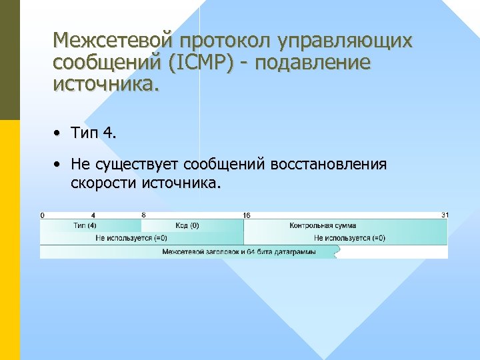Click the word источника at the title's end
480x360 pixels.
[107, 85]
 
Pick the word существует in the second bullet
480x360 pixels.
[139, 164]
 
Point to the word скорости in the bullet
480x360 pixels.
[103, 183]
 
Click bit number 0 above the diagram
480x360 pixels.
[43, 215]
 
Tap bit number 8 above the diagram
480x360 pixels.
[143, 215]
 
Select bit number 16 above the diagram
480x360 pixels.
[246, 215]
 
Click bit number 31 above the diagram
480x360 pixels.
[445, 215]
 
